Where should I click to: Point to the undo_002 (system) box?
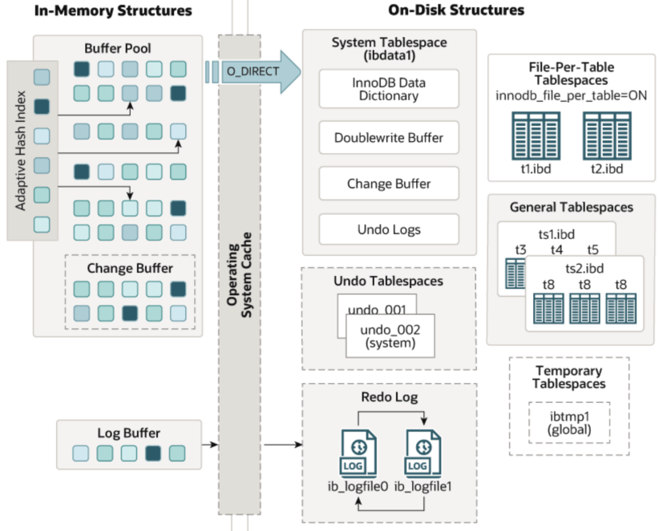coord(390,335)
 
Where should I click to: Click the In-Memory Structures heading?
coord(113,10)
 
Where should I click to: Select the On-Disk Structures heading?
coord(456,10)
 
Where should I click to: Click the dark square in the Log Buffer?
coord(153,453)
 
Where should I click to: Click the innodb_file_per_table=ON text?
coord(571,96)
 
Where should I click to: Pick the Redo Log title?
coord(390,397)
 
